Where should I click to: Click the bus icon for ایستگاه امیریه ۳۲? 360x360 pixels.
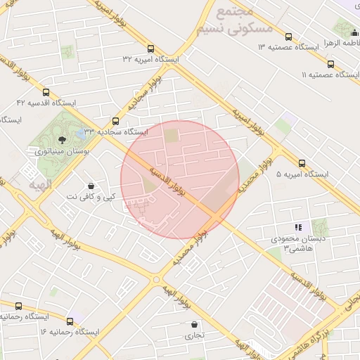tap(151, 49)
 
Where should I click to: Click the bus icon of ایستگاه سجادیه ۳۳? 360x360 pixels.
tap(116, 121)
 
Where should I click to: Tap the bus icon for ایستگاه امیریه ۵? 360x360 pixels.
tap(302, 163)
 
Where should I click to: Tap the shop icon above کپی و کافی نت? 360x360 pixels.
tap(91, 186)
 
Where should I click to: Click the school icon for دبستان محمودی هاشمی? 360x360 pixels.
tap(298, 227)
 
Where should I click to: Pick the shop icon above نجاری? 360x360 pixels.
tap(194, 325)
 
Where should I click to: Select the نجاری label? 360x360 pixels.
tap(194, 335)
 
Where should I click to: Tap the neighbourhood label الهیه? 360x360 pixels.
tap(41, 184)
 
